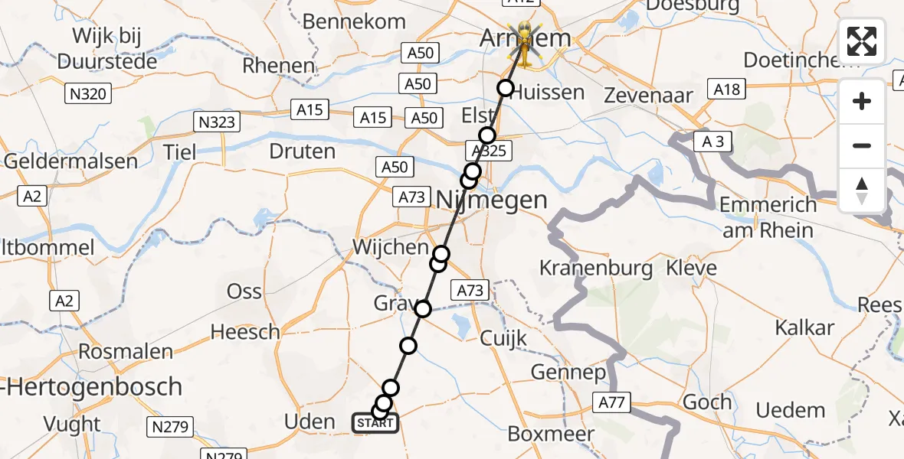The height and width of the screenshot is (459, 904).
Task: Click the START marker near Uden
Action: (x=375, y=422)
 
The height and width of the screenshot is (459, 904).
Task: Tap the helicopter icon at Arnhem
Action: (x=525, y=38)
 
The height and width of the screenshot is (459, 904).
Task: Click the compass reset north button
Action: (x=862, y=190)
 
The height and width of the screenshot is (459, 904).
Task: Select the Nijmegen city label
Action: (x=493, y=200)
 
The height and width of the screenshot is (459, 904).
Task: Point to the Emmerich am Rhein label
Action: (x=768, y=217)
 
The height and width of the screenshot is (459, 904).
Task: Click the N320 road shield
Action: (x=87, y=94)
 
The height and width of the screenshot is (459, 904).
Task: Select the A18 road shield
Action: (x=726, y=90)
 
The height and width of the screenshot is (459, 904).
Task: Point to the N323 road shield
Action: (x=218, y=122)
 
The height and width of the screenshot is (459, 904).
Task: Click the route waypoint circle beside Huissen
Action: (x=505, y=88)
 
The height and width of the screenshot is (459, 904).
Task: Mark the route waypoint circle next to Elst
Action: (x=487, y=135)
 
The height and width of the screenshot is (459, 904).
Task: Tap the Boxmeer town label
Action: (x=552, y=434)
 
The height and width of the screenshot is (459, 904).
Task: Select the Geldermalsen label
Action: (x=70, y=161)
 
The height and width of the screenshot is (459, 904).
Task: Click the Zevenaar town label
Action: (x=648, y=96)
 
